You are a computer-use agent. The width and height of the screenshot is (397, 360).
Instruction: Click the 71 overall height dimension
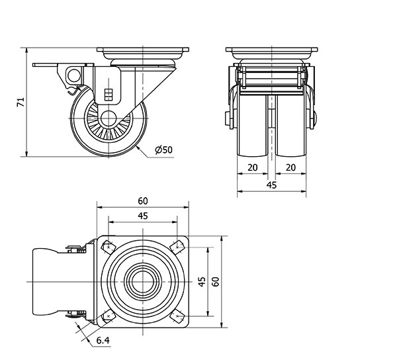21,102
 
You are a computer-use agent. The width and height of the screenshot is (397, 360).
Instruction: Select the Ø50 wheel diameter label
163,150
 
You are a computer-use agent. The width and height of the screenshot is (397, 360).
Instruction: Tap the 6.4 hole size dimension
103,341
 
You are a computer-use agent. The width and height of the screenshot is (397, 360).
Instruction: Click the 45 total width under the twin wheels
271,185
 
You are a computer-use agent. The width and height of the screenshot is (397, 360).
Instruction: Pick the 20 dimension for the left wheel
252,167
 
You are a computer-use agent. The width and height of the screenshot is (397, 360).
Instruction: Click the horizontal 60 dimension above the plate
143,201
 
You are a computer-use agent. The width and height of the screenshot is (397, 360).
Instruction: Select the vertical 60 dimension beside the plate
215,281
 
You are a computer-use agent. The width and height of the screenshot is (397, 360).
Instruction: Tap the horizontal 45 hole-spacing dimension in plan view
143,215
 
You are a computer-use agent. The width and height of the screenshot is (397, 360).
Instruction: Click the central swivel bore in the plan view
143,281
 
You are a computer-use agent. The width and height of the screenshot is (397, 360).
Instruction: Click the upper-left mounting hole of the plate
108,247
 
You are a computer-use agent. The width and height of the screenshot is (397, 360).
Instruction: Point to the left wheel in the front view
252,126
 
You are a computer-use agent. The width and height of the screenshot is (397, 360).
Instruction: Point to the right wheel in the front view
290,126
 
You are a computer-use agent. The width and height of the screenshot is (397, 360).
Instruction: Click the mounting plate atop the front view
271,50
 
